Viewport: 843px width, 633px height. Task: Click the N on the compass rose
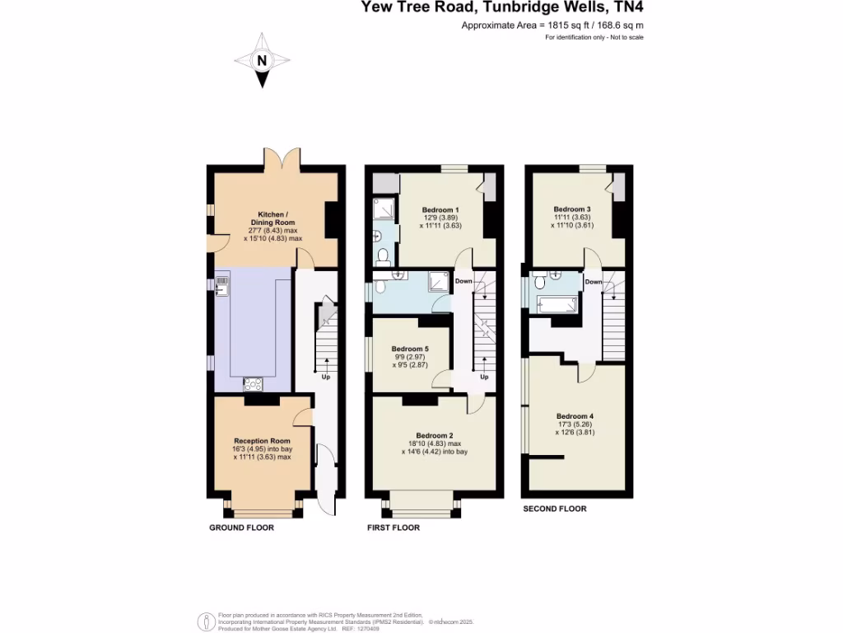pos(262,60)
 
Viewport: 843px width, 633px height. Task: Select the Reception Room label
pos(262,441)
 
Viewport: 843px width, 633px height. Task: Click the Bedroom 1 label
pos(440,209)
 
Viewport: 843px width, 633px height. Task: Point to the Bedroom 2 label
pos(435,435)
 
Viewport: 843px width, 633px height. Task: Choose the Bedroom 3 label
pos(571,209)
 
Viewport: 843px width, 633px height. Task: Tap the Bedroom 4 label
pos(575,416)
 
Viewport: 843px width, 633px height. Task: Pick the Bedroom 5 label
pos(410,349)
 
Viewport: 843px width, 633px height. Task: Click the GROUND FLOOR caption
pos(241,527)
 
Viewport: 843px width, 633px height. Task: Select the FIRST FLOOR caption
pos(394,527)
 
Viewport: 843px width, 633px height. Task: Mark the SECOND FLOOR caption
pos(555,509)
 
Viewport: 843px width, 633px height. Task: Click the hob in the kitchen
pos(253,383)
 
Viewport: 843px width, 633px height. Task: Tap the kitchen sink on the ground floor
pos(222,287)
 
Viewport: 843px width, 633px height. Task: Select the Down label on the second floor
pos(594,282)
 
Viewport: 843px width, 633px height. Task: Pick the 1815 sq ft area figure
pos(571,26)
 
